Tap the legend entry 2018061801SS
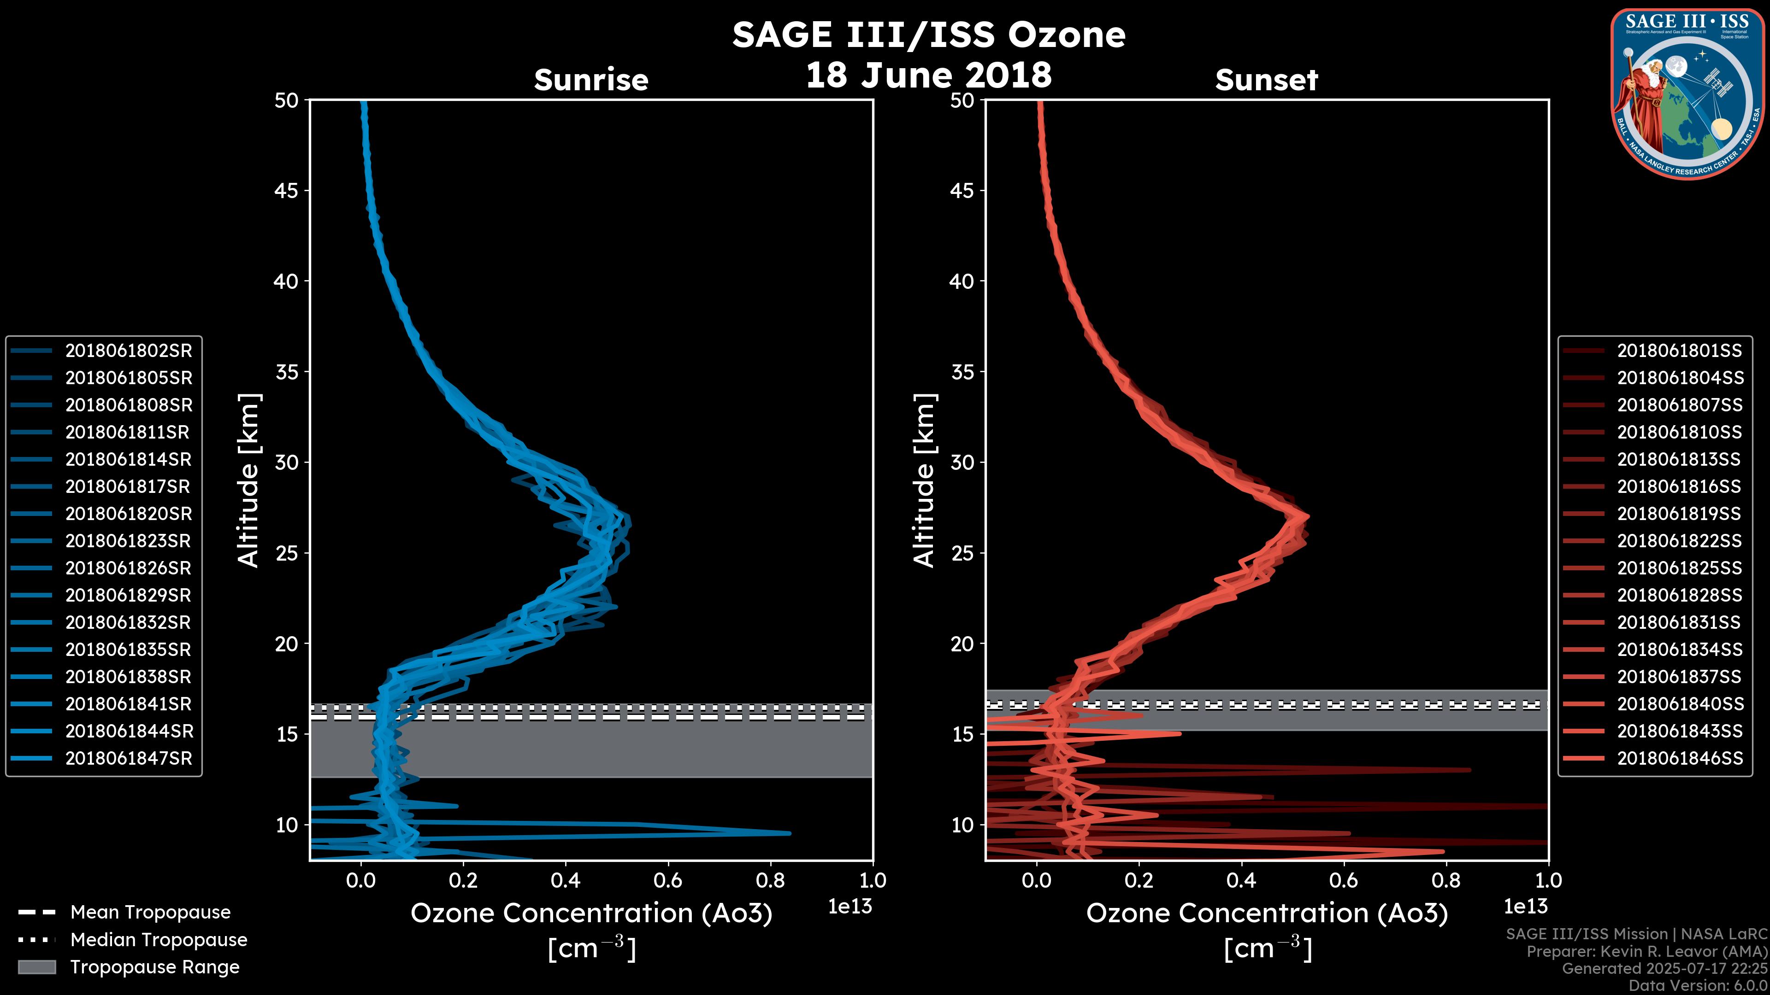(x=1679, y=351)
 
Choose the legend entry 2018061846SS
(x=1679, y=759)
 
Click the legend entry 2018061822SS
(x=1679, y=541)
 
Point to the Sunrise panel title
(x=591, y=80)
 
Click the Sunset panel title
(x=1266, y=80)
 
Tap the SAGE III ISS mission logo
(x=1687, y=94)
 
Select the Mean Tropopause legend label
(x=150, y=913)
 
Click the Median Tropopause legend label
(x=159, y=940)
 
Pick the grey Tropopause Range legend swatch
(x=36, y=967)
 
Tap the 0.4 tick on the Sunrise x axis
(x=565, y=880)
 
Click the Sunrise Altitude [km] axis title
(x=249, y=480)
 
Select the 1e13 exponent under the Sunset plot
(x=1525, y=907)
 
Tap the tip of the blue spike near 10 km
(x=790, y=833)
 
